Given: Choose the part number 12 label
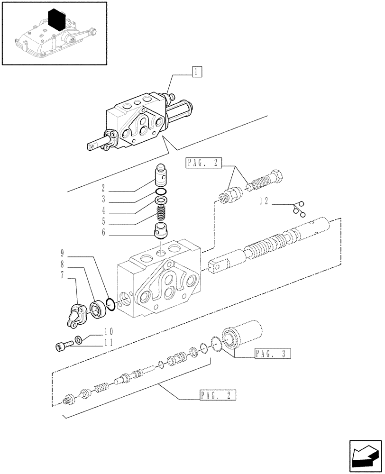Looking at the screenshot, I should (264, 201).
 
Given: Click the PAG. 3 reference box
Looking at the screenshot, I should (272, 353).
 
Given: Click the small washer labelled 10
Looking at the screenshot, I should (78, 339).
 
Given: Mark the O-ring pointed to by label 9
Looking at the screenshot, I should (110, 304).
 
